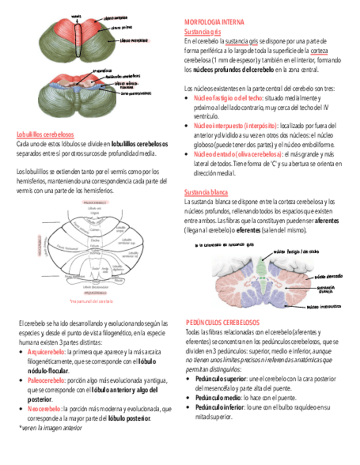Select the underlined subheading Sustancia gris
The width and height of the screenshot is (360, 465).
click(x=199, y=32)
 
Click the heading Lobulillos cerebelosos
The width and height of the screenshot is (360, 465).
click(x=46, y=134)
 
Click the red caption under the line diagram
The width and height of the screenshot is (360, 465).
click(x=91, y=302)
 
